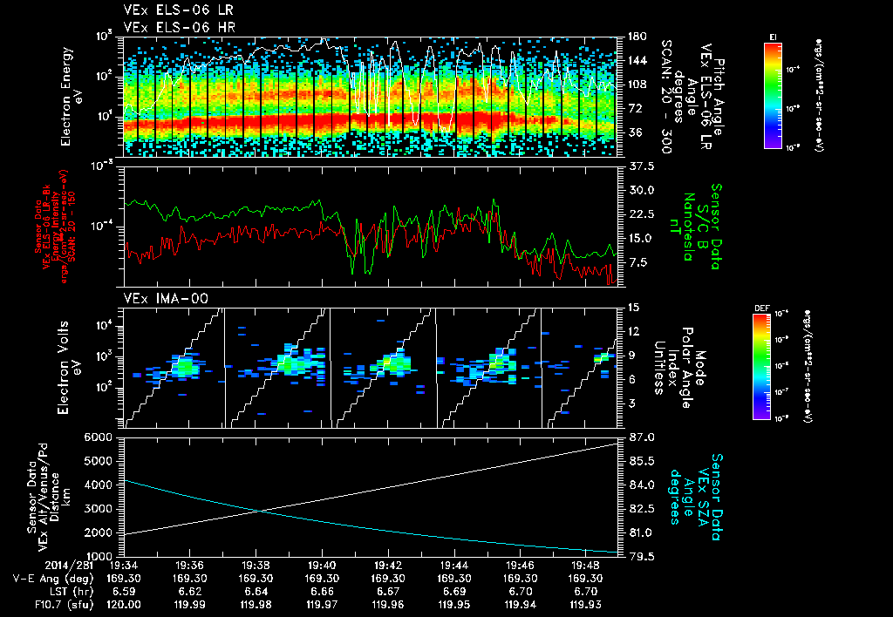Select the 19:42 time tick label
pyautogui.click(x=389, y=564)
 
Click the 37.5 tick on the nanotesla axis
pyautogui.click(x=643, y=166)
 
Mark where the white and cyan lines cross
pyautogui.click(x=258, y=511)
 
